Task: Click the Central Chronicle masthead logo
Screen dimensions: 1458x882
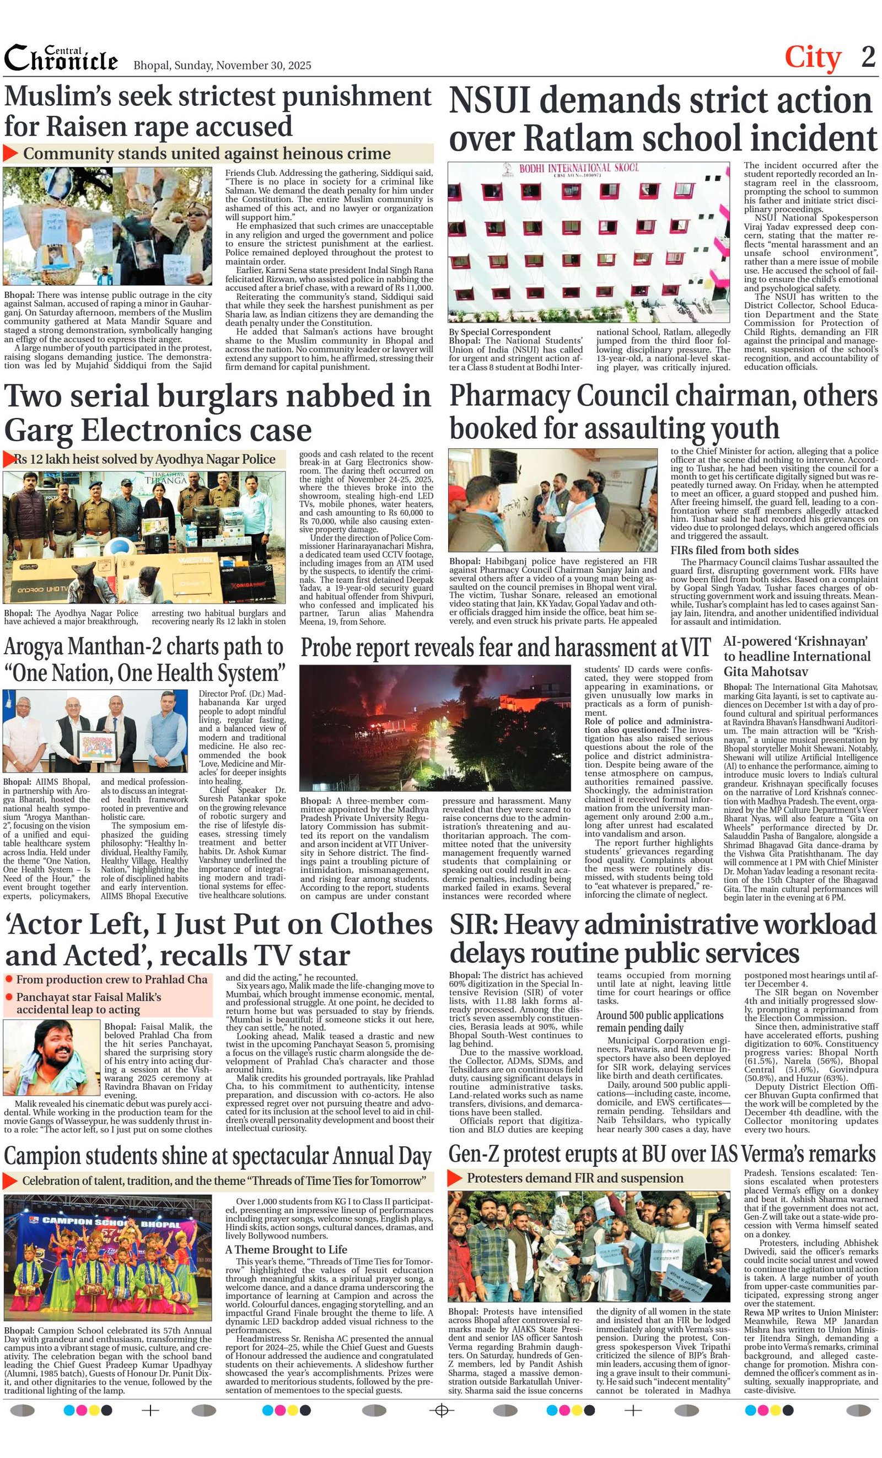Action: coord(61,58)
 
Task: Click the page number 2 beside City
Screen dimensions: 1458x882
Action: coord(868,57)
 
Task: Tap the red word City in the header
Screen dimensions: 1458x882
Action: coord(813,58)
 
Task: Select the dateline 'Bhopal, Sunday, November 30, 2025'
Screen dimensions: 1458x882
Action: coord(222,65)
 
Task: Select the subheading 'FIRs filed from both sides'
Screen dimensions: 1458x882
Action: coord(734,550)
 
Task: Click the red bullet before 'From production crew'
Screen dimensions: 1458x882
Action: coord(9,979)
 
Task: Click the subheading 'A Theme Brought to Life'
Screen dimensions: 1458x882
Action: coord(286,1249)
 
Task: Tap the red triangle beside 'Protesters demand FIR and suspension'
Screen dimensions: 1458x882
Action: coord(454,1178)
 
